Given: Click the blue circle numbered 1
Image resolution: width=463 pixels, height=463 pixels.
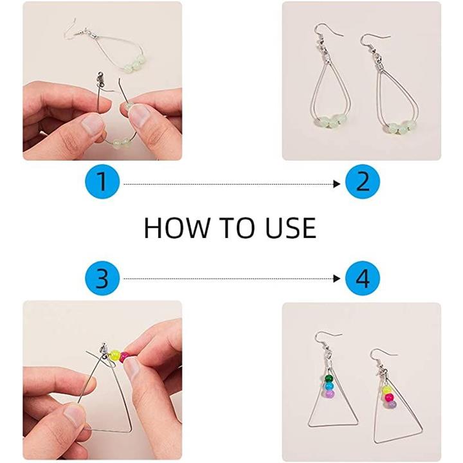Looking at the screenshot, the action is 102,181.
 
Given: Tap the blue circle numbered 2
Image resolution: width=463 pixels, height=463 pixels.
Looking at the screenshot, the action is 363,181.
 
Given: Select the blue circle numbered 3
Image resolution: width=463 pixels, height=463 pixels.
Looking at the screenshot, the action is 102,278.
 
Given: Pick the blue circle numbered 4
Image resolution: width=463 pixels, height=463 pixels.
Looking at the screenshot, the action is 363,278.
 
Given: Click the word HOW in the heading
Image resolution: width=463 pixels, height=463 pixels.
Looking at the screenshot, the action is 176,228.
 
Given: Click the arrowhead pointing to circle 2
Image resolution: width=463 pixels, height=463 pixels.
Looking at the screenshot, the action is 336,185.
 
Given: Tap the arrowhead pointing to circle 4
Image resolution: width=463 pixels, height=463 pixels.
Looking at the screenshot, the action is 336,278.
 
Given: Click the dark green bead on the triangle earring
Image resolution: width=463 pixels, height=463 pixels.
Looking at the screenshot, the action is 329,379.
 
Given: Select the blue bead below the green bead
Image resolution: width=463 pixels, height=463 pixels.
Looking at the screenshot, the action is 329,386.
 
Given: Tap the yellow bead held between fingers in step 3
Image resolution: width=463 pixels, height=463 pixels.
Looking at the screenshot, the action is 115,355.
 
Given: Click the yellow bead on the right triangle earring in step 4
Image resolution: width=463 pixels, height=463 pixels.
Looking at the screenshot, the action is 385,390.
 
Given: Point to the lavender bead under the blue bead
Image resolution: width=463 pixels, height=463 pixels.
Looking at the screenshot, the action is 329,394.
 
